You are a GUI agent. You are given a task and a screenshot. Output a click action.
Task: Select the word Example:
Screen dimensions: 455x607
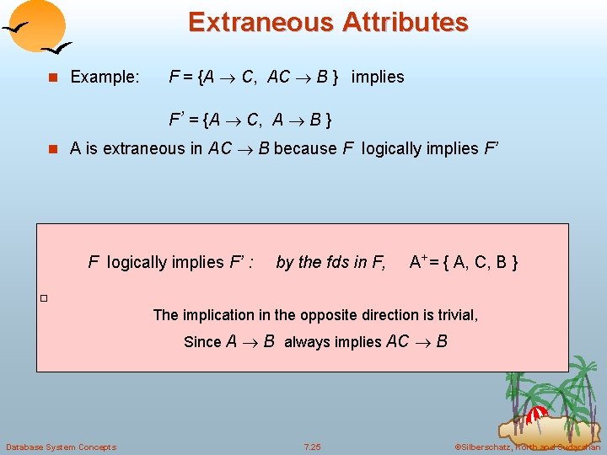[x=105, y=78]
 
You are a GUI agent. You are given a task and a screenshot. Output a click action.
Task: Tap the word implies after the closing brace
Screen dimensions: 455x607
[x=377, y=78]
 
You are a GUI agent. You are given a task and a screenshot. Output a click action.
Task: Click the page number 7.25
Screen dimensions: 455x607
[x=312, y=447]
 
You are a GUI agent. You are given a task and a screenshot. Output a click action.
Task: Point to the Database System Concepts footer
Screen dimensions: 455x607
[x=61, y=447]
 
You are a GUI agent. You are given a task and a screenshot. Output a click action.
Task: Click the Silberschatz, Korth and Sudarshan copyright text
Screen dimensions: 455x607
[x=527, y=447]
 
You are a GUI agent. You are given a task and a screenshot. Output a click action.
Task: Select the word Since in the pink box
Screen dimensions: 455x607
[x=202, y=342]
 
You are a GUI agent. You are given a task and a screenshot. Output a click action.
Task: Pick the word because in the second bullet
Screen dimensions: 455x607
[x=305, y=149]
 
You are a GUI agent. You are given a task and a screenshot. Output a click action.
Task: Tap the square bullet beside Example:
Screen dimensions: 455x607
[x=52, y=78]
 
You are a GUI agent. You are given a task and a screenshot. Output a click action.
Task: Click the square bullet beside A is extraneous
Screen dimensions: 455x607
[x=52, y=149]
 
